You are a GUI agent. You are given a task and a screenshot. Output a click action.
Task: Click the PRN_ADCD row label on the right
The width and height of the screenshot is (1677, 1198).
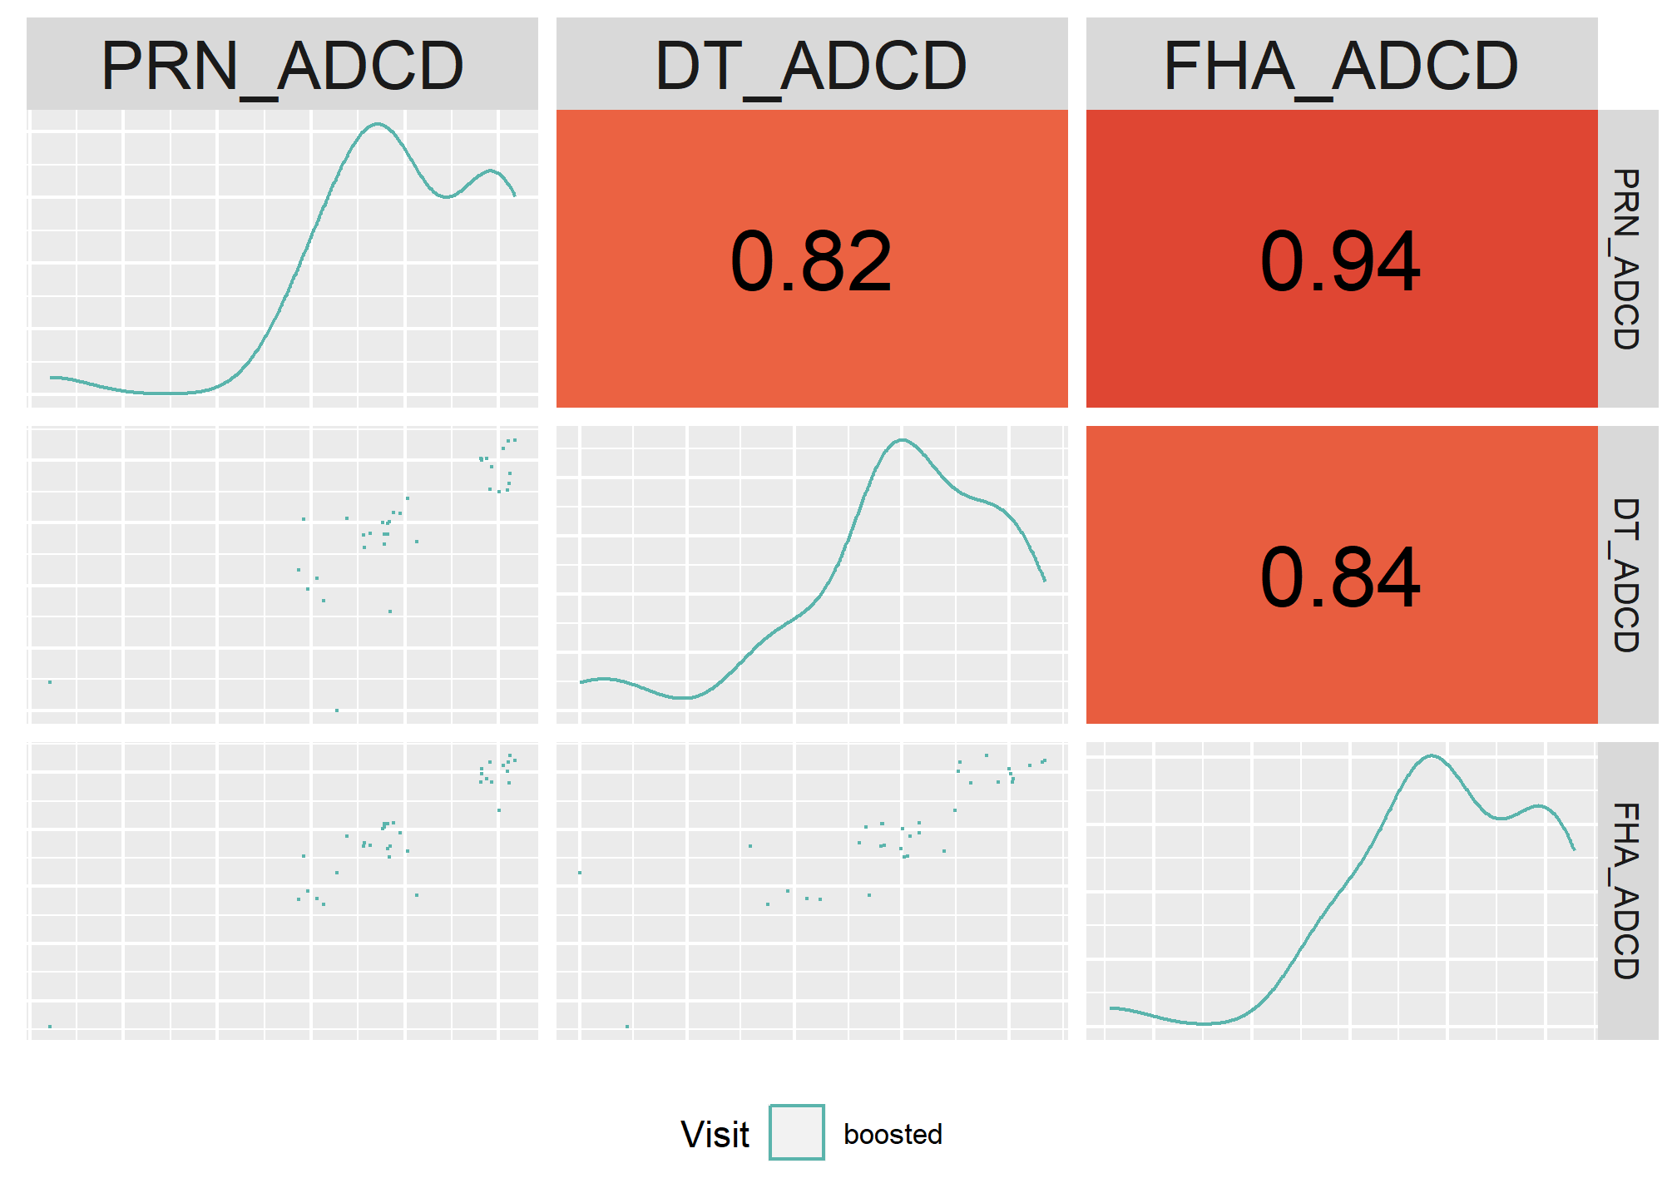(x=1626, y=259)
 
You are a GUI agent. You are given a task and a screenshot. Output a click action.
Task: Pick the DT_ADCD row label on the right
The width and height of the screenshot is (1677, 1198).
(x=1626, y=575)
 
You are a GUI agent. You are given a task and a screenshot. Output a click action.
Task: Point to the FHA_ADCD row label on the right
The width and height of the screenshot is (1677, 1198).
(x=1626, y=891)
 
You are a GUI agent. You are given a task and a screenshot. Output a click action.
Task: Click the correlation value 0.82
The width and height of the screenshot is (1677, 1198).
(x=811, y=262)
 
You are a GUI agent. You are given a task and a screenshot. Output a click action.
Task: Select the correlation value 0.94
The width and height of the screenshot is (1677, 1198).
(x=1341, y=262)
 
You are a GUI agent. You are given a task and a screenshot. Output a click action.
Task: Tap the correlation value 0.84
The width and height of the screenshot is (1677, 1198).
(x=1341, y=577)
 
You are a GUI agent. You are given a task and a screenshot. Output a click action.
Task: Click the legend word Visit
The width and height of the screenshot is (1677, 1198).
(x=715, y=1134)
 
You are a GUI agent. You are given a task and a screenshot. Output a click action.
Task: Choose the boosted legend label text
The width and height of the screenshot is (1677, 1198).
(x=893, y=1134)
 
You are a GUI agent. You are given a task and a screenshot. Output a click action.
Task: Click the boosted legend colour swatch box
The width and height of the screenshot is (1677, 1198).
(x=797, y=1132)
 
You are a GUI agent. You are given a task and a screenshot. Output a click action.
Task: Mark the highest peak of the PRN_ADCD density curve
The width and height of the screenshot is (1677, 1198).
(x=378, y=124)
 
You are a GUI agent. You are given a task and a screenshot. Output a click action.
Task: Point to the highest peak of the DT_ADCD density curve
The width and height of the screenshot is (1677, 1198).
(x=903, y=440)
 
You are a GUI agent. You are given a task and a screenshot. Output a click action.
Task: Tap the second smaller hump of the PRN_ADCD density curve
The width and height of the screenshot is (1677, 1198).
(x=491, y=171)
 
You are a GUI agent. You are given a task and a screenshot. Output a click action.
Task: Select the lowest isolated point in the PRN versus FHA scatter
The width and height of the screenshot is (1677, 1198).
(x=50, y=1027)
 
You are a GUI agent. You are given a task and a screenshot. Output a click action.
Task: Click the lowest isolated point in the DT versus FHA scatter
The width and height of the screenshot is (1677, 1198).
(x=627, y=1027)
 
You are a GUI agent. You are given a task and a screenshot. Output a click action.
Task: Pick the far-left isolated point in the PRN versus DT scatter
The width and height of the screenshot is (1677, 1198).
(x=50, y=682)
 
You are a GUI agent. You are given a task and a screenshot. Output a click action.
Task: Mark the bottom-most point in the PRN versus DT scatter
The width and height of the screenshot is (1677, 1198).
(x=337, y=710)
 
